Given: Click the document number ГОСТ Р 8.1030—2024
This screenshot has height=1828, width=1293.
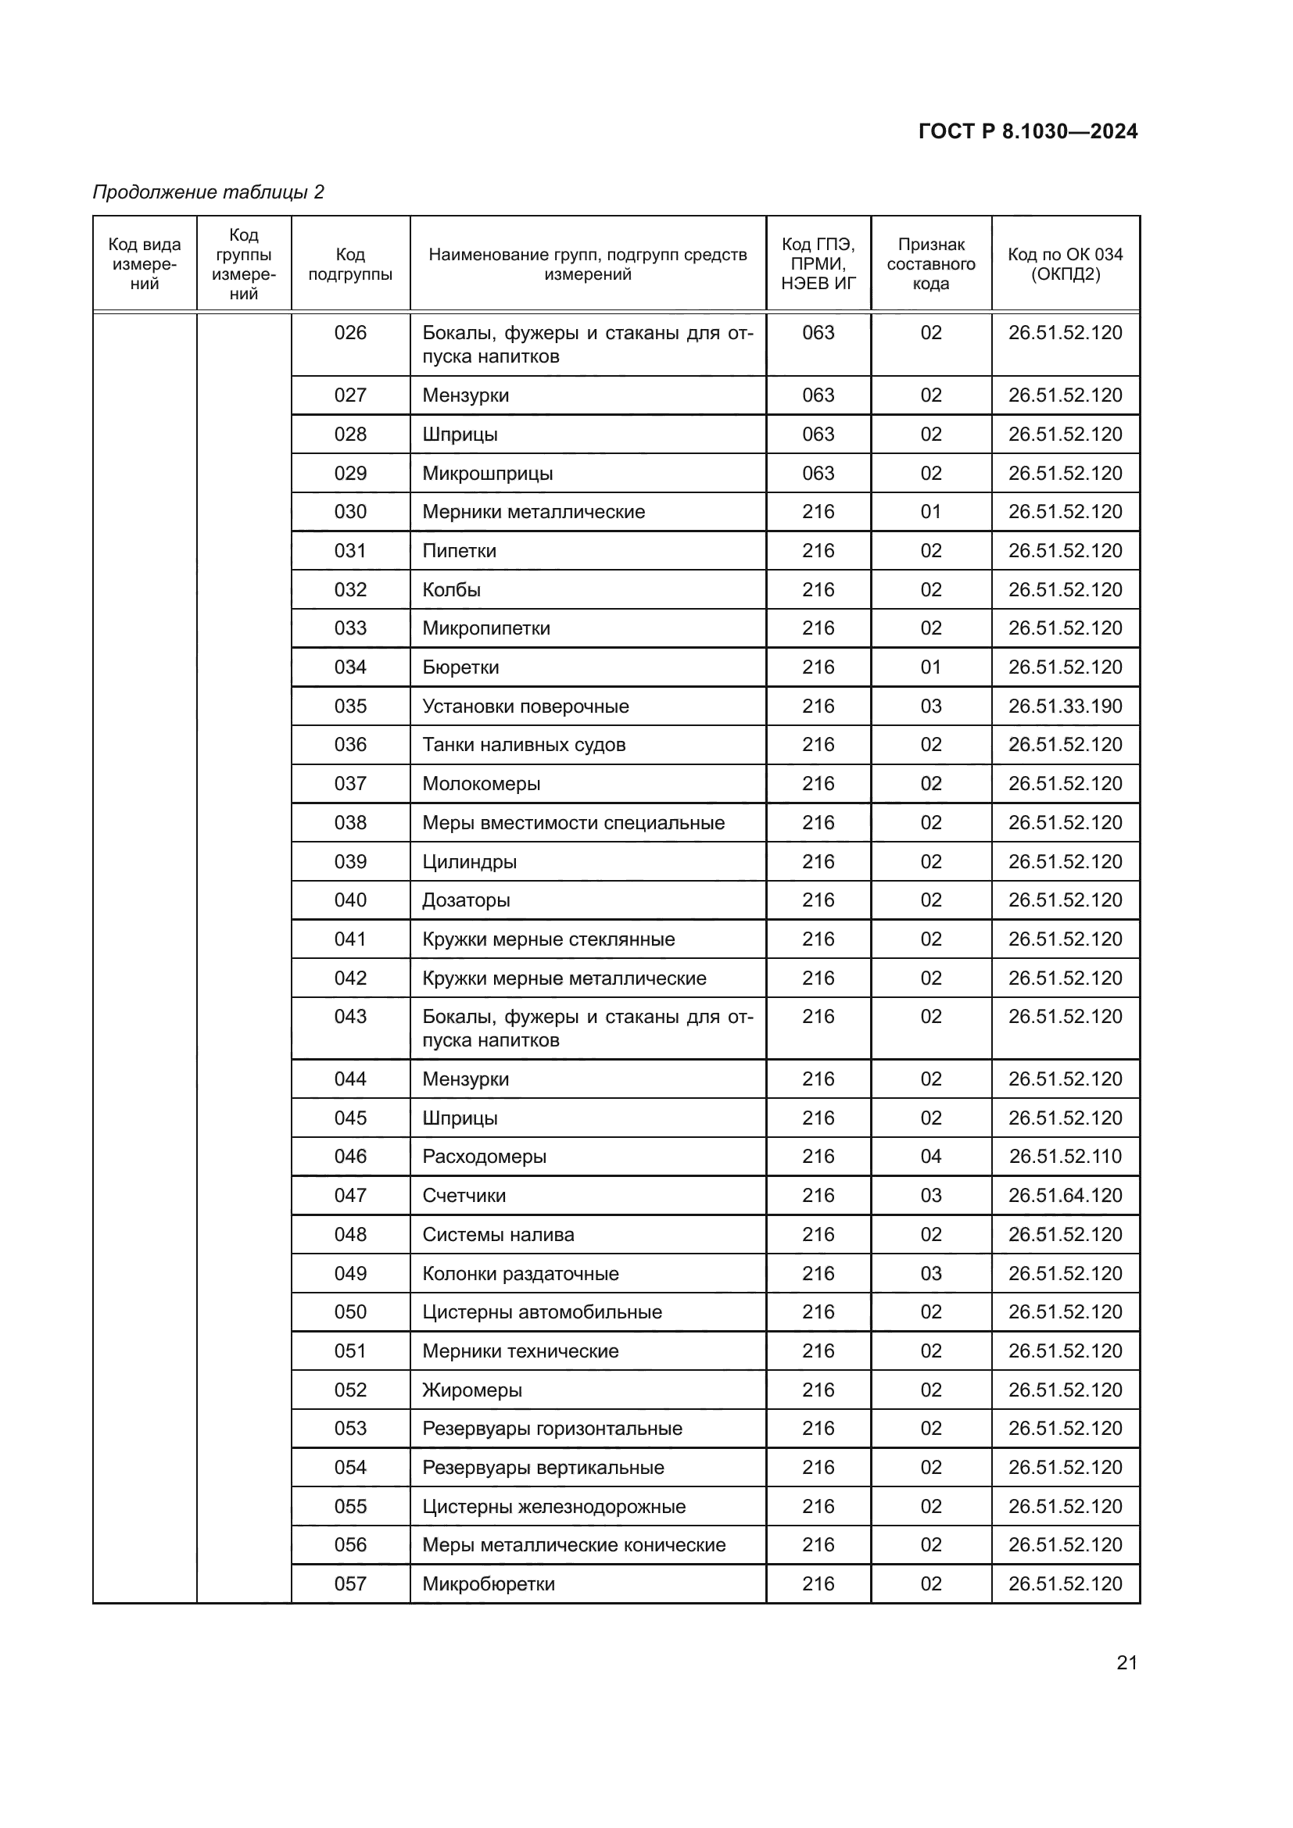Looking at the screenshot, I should click(x=1027, y=131).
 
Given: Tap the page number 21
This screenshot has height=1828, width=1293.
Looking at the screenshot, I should click(x=1126, y=1662).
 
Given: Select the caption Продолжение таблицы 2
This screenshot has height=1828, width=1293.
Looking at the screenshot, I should click(x=209, y=192).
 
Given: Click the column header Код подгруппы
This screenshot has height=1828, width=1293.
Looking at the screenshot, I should click(x=350, y=264).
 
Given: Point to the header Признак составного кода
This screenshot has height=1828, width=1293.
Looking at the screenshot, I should click(x=931, y=264).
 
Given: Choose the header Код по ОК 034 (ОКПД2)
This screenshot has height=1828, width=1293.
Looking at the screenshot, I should click(x=1065, y=264).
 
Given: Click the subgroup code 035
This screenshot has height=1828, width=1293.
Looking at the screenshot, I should click(x=350, y=707).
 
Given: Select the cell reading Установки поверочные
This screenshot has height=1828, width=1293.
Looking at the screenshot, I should click(x=525, y=707).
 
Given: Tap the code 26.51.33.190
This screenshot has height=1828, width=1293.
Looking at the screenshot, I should click(x=1065, y=707).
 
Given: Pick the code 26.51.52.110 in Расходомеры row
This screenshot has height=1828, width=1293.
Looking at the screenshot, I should click(x=1065, y=1156).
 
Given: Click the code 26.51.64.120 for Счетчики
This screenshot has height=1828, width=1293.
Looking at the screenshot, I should click(x=1065, y=1195).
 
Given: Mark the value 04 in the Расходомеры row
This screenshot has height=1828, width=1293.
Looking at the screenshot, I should click(x=931, y=1156).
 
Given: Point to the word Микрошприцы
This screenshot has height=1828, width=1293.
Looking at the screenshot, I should click(x=487, y=474).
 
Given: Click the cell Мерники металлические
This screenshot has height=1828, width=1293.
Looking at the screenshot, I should click(x=533, y=512).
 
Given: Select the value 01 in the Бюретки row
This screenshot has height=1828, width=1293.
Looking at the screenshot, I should click(x=931, y=667).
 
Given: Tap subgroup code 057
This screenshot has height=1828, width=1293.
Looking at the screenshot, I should click(x=350, y=1583).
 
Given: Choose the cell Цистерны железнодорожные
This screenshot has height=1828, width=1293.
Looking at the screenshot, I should click(x=553, y=1506).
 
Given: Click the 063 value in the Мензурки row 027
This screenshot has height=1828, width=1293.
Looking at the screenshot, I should click(x=818, y=395).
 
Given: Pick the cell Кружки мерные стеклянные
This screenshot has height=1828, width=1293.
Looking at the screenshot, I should click(x=548, y=939).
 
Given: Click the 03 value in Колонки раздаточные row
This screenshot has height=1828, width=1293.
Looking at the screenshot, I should click(x=931, y=1273).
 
